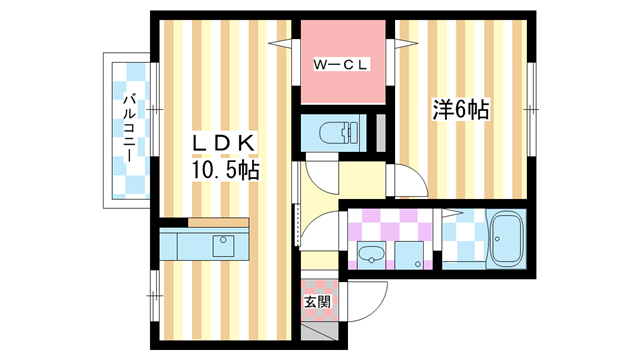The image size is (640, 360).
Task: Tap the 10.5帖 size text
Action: pyautogui.click(x=226, y=171)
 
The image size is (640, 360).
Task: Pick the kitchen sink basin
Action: pyautogui.click(x=222, y=245)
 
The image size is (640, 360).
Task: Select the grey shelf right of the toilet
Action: pyautogui.click(x=380, y=131)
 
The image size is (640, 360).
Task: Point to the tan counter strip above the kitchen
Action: pyautogui.click(x=217, y=222)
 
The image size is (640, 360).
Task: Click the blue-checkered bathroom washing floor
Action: pyautogui.click(x=461, y=241)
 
